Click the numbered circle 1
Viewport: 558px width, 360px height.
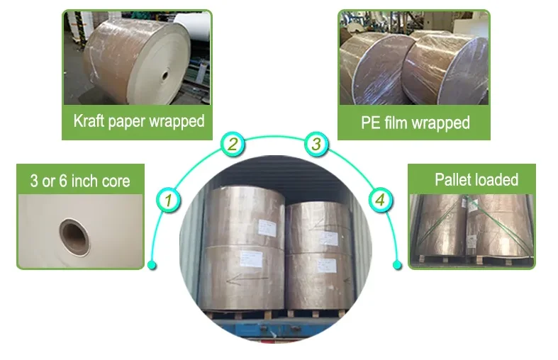coord(168,201)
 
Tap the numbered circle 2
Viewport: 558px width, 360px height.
coord(233,145)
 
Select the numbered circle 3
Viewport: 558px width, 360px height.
coord(316,145)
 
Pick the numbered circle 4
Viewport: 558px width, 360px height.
coord(381,201)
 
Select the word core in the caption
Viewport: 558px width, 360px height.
coord(114,181)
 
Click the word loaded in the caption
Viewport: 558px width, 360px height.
coord(497,179)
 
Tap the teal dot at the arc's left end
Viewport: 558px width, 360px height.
coord(152,266)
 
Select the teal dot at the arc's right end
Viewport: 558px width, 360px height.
coord(397,266)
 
